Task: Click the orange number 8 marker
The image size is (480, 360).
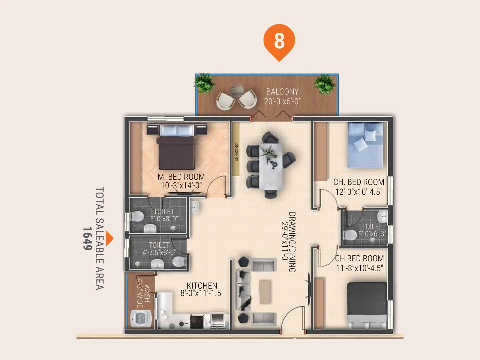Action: coord(279,40)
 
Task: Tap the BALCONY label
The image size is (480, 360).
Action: coord(282,91)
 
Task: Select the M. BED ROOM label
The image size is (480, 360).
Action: coord(181,177)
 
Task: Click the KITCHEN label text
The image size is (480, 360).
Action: coord(202,285)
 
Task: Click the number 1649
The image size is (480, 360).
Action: coord(87,238)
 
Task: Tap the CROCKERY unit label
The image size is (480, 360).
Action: coord(236,151)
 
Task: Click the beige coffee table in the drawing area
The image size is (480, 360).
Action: coord(265,291)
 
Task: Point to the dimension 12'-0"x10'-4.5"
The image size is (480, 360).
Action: coord(359,192)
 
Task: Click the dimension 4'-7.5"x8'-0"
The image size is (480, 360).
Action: coord(159,253)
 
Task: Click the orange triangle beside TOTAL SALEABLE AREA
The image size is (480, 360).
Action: coord(110,238)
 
